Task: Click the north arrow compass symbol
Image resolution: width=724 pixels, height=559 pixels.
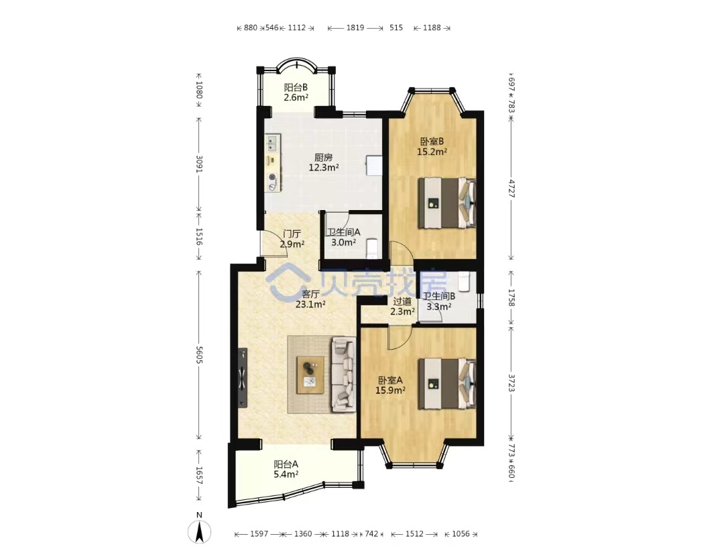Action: point(200,531)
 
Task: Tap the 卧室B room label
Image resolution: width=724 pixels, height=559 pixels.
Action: point(432,142)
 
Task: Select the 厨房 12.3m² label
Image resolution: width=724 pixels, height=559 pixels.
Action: point(324,162)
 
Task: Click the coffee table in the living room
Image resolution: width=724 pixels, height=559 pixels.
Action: point(310,375)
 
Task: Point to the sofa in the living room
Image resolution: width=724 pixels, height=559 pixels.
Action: point(343,375)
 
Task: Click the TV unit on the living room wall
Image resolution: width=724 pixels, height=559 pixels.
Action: point(243,378)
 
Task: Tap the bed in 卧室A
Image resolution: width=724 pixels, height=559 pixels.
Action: point(447,384)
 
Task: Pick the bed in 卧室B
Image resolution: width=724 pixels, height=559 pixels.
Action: point(447,203)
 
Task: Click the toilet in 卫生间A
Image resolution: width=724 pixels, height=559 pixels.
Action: point(372,248)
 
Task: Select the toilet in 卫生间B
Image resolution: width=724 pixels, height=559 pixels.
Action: point(464,282)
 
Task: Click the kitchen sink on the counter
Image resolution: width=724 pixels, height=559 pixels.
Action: point(272,143)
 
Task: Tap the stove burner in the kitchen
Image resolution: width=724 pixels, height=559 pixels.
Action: point(272,177)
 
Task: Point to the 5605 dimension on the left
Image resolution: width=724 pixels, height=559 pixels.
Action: point(199,354)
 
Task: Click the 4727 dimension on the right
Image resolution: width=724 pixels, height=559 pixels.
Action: point(511,188)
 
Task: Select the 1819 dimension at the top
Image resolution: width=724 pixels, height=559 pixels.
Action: point(355,28)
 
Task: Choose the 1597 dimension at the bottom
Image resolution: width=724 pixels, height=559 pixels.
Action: point(259,534)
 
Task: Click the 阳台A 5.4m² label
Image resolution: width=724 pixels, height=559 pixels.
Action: point(286,469)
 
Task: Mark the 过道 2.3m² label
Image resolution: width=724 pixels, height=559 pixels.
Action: point(402,307)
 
